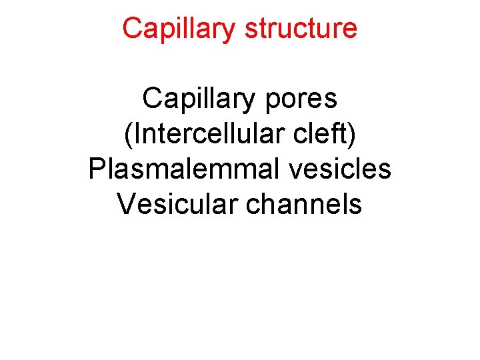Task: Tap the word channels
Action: click(305, 204)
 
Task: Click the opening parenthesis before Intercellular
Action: click(128, 135)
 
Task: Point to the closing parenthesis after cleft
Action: click(352, 135)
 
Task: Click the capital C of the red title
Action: click(132, 29)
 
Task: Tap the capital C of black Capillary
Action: click(151, 99)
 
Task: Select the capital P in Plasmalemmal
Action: click(97, 169)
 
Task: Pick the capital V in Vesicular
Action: click(126, 204)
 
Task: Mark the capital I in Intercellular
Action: click(137, 134)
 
